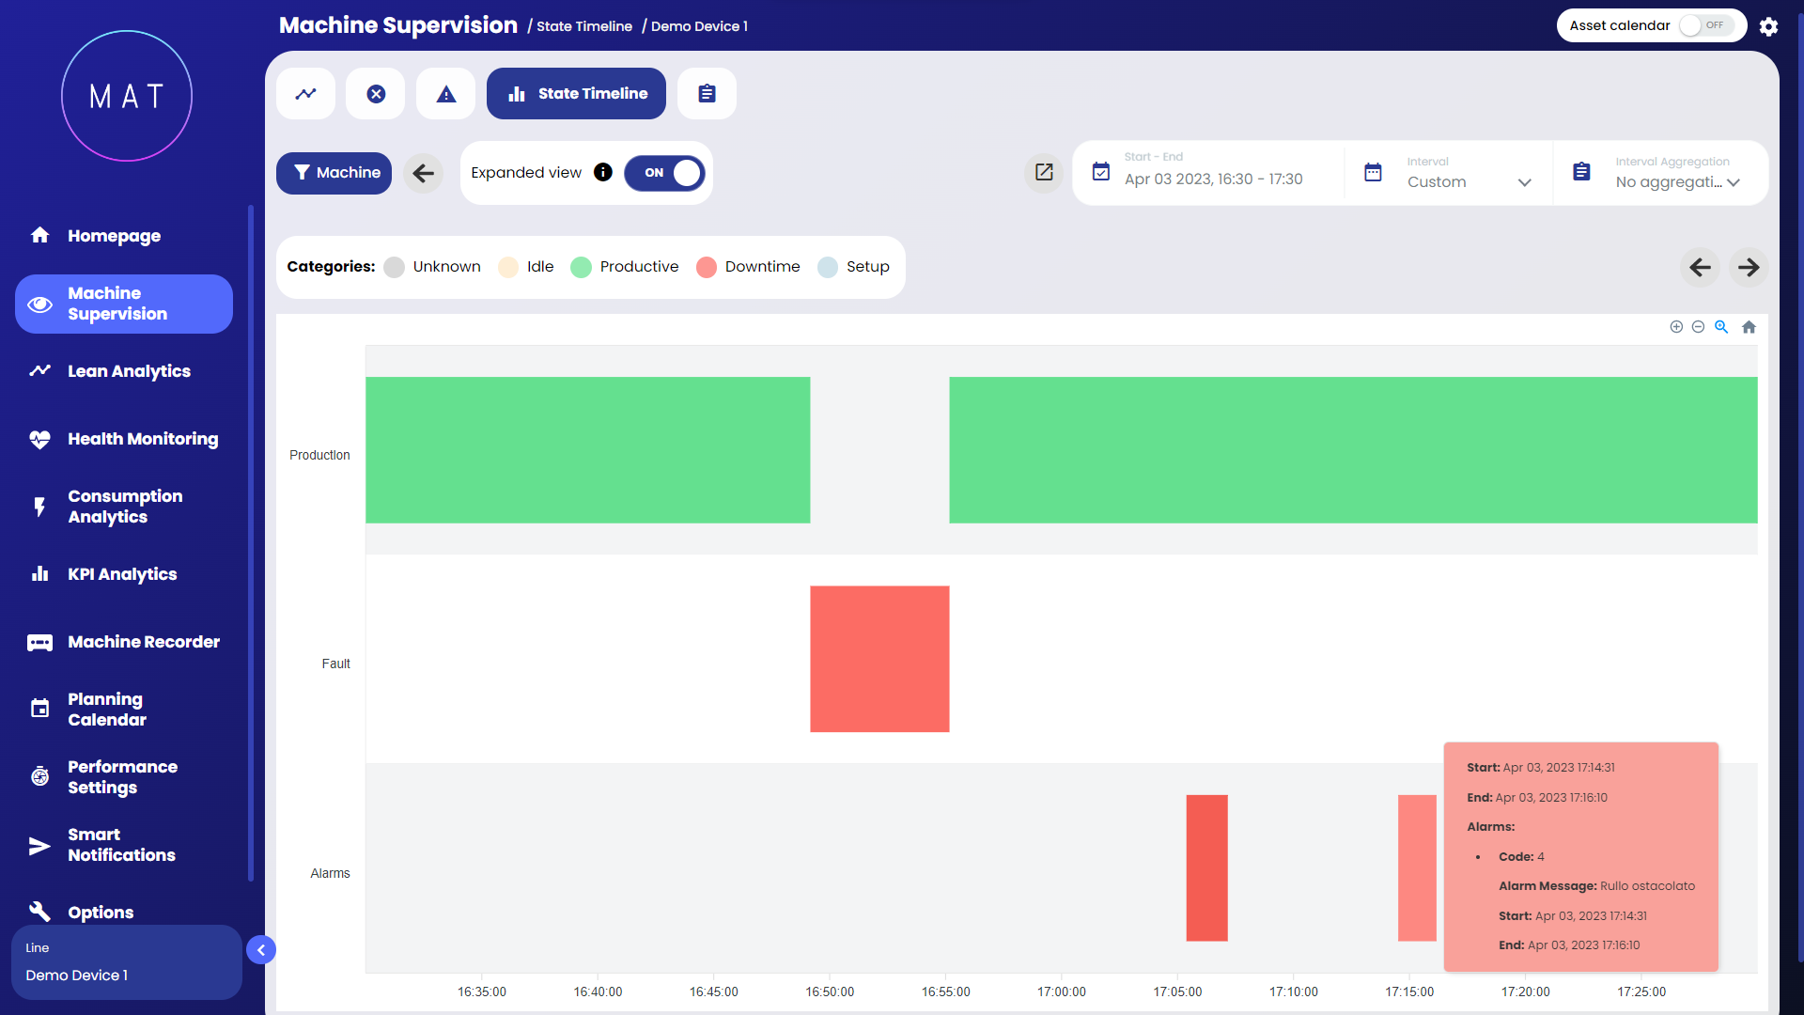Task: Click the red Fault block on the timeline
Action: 879,659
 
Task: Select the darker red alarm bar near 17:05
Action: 1206,867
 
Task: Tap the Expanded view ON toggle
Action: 664,173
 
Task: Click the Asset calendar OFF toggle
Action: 1706,25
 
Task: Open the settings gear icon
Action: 1768,26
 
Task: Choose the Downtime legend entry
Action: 748,267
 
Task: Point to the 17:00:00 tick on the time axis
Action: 1062,992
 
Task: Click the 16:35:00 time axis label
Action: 482,992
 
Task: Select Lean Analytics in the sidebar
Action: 129,371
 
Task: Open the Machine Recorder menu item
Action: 143,642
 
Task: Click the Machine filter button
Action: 334,173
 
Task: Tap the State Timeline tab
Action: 576,94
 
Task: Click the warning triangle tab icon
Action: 446,94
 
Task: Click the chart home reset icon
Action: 1749,327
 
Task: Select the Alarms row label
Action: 330,873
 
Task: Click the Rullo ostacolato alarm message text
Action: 1647,886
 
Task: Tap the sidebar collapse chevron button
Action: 261,950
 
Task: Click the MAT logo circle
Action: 127,96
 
